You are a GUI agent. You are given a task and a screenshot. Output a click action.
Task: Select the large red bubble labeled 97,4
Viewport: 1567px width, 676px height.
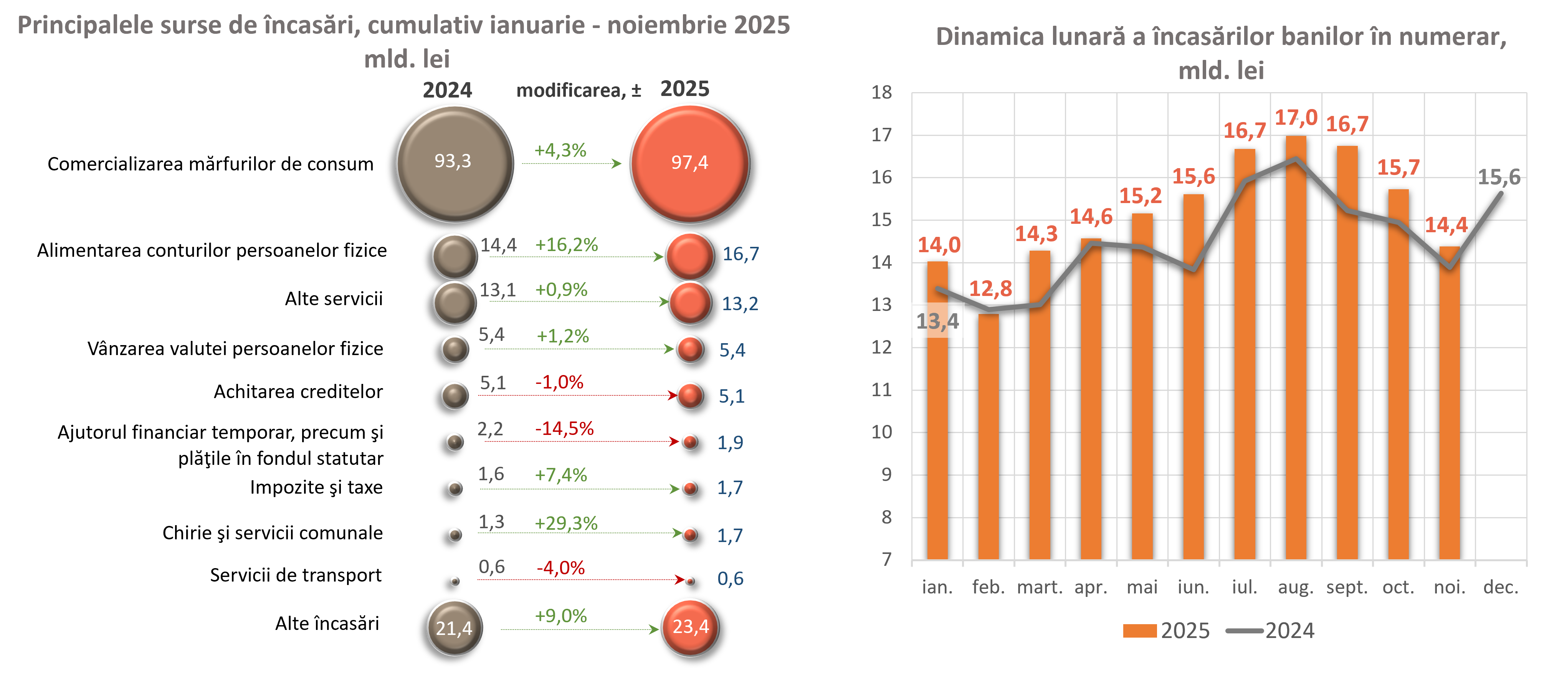689,163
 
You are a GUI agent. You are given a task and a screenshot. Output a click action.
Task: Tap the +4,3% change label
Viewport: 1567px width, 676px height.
560,150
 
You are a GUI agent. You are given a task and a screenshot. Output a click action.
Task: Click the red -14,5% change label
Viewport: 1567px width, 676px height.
564,429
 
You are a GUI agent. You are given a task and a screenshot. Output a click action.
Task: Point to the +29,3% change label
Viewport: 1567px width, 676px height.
566,523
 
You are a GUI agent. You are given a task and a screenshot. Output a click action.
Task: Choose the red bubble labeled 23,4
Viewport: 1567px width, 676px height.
690,627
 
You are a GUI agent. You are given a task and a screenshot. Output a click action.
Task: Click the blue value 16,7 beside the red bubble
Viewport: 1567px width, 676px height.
740,254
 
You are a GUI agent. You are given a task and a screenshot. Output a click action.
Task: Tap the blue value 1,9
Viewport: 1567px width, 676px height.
730,442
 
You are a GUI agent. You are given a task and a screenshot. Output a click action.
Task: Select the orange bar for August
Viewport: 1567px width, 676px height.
1296,347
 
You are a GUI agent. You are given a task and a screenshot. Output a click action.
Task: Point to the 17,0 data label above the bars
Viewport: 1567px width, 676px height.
1296,117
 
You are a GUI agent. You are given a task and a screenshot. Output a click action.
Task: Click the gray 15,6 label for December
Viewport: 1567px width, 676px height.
1499,177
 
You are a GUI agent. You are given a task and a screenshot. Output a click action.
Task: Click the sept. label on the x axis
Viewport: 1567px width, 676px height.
1347,587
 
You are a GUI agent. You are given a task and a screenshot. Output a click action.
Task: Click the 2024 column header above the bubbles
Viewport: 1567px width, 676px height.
447,90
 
